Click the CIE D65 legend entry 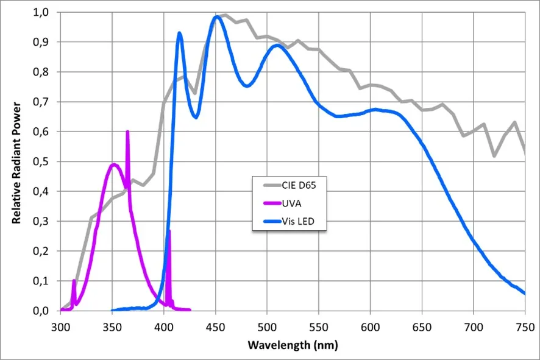pyautogui.click(x=290, y=186)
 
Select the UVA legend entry pyautogui.click(x=282, y=203)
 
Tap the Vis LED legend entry pyautogui.click(x=289, y=221)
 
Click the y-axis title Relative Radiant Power pyautogui.click(x=16, y=163)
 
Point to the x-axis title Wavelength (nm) pyautogui.click(x=293, y=345)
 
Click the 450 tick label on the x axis pyautogui.click(x=216, y=327)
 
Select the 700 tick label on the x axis pyautogui.click(x=474, y=327)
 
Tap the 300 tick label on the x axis pyautogui.click(x=60, y=327)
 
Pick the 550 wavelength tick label pyautogui.click(x=319, y=327)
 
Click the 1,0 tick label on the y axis pyautogui.click(x=41, y=12)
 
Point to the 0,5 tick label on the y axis pyautogui.click(x=41, y=161)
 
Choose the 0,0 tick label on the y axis pyautogui.click(x=41, y=311)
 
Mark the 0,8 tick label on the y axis pyautogui.click(x=41, y=72)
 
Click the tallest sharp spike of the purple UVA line pyautogui.click(x=127, y=132)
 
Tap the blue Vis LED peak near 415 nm pyautogui.click(x=179, y=33)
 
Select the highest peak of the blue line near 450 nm pyautogui.click(x=216, y=16)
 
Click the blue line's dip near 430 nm pyautogui.click(x=196, y=118)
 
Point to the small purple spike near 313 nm pyautogui.click(x=74, y=281)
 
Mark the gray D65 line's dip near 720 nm pyautogui.click(x=494, y=156)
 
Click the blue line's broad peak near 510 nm pyautogui.click(x=277, y=46)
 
